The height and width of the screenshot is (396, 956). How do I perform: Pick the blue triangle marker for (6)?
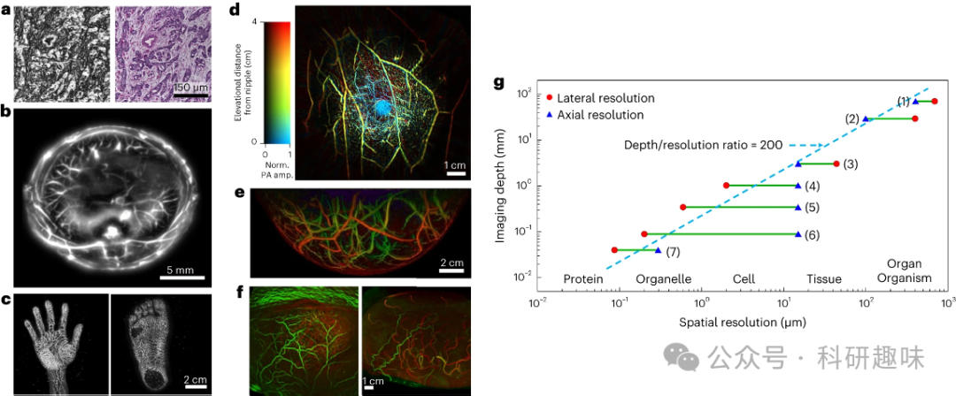pos(798,234)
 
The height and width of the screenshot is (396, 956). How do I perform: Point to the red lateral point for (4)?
pos(726,186)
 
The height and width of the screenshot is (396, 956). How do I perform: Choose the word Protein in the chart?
pos(583,280)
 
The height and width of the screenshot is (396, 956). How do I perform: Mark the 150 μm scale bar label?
pos(191,88)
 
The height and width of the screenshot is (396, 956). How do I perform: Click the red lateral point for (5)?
pos(682,207)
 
